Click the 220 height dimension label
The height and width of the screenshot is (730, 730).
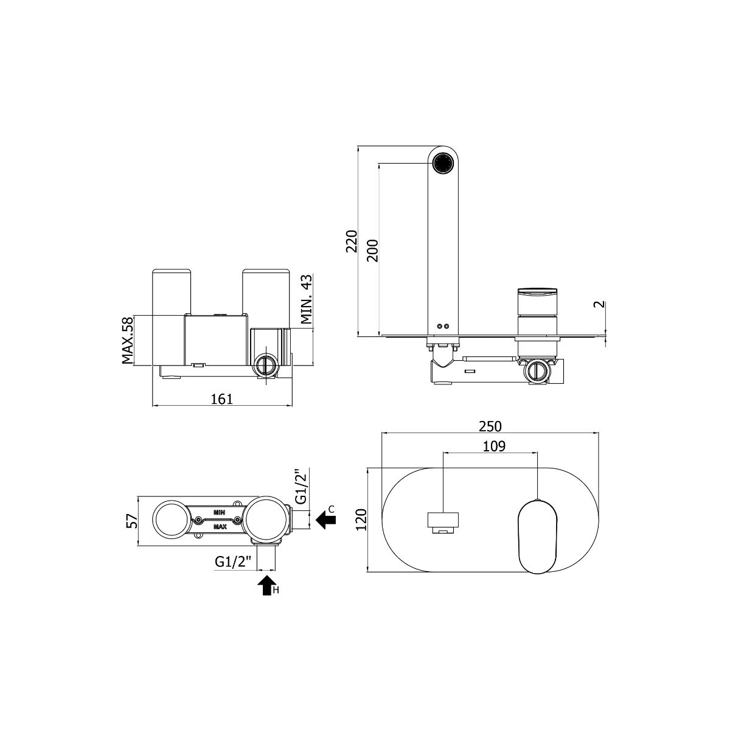pos(351,241)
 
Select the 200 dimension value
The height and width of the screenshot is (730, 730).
pos(372,251)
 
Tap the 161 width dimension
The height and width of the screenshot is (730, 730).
pos(221,398)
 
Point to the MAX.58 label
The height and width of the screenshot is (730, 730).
pos(128,341)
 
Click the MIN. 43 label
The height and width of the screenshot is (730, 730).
pos(307,300)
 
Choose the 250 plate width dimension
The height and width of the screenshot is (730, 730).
pos(490,426)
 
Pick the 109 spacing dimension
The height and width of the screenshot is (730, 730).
pos(494,447)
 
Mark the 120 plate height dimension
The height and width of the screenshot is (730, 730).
pos(361,520)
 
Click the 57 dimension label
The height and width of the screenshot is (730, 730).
pos(131,521)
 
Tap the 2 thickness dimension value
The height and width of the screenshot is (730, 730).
pos(600,305)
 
